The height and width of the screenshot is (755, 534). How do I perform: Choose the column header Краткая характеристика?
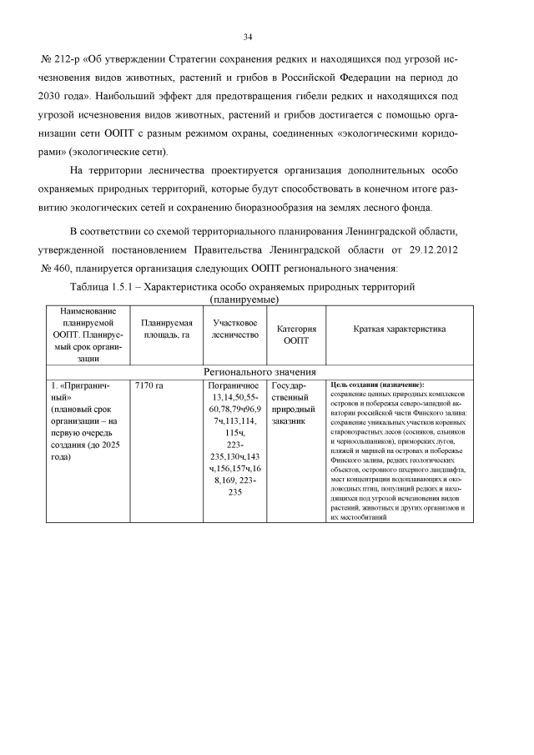398,330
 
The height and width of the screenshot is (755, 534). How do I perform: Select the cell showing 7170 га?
148,385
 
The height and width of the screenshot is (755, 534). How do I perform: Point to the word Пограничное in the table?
236,385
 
